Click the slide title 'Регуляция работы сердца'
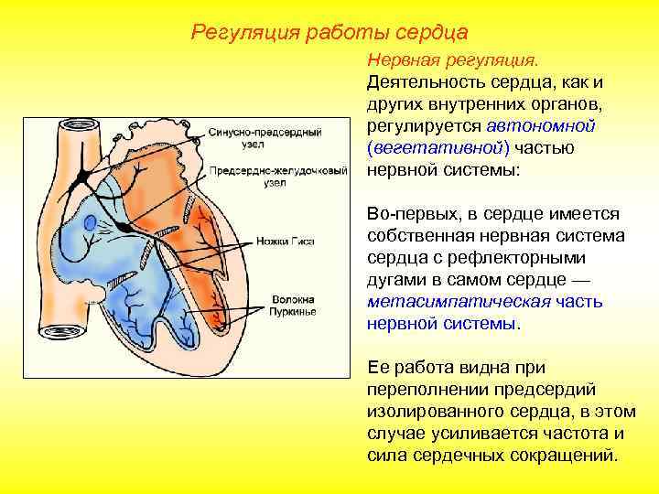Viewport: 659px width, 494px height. pos(329,32)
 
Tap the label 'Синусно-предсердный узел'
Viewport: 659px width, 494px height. pos(265,139)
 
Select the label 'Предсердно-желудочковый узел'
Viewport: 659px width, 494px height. pos(277,177)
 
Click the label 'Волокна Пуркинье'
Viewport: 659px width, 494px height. pos(292,306)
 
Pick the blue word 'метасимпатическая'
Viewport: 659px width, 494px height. pos(446,301)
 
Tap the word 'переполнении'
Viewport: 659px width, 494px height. pos(421,389)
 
